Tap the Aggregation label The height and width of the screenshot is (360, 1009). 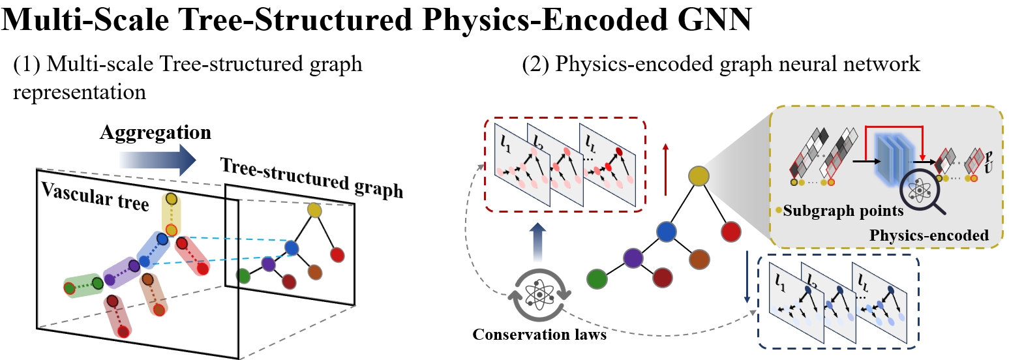[155, 133]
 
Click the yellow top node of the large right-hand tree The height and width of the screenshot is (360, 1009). [699, 175]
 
